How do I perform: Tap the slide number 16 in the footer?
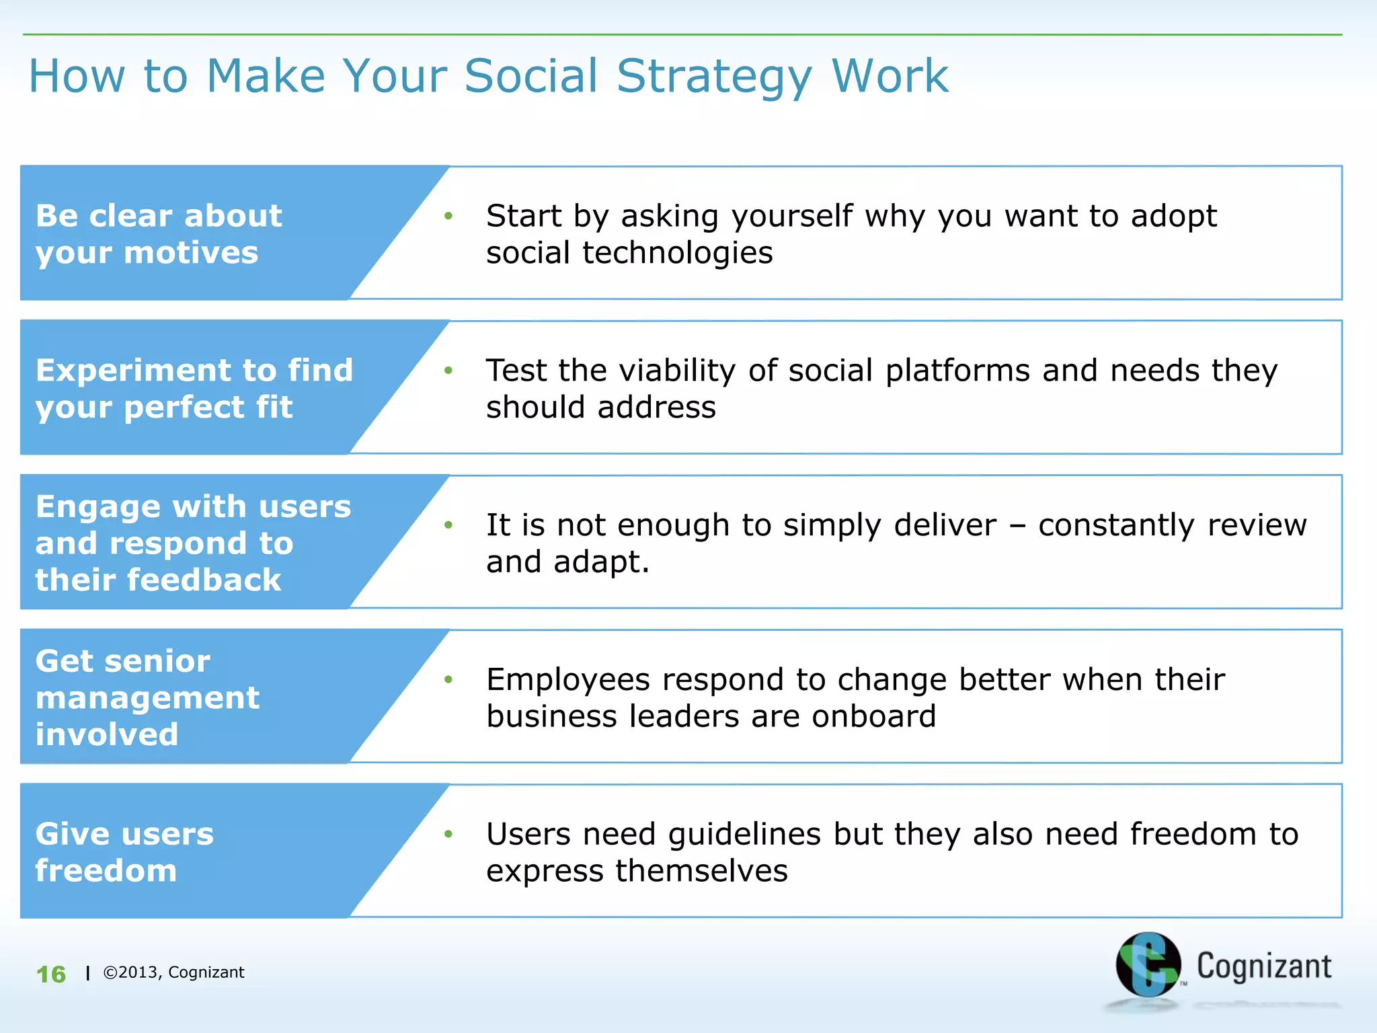[51, 974]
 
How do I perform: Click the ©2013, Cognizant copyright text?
[173, 972]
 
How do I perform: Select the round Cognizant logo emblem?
[1148, 964]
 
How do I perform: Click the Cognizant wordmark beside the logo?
[1263, 966]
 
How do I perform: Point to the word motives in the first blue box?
[191, 254]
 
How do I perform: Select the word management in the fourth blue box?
[147, 698]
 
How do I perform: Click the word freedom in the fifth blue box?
[106, 871]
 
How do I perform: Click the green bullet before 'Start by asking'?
[448, 216]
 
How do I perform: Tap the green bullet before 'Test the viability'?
[448, 371]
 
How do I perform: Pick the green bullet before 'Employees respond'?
[448, 680]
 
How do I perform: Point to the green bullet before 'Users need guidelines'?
[448, 835]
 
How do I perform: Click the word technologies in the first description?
[677, 254]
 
